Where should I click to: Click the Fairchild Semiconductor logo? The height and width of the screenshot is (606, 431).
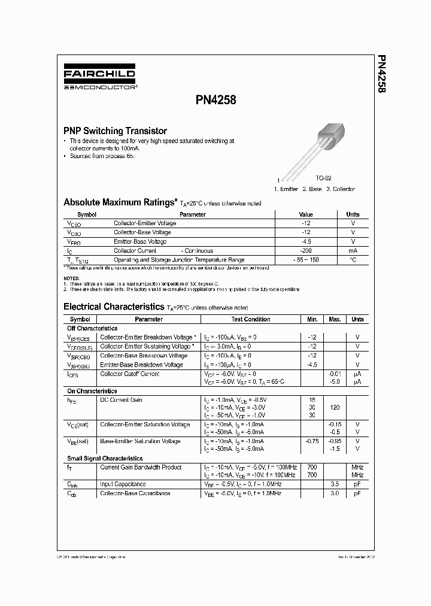[100, 78]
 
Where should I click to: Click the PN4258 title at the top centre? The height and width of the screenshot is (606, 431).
[215, 101]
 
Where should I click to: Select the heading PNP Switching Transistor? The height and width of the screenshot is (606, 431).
[115, 131]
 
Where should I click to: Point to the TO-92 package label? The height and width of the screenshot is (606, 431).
[323, 178]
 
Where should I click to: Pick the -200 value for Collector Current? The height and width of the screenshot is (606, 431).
[306, 251]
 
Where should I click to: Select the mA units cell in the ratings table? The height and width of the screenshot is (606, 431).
[353, 251]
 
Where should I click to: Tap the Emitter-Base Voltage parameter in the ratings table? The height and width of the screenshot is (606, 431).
[140, 241]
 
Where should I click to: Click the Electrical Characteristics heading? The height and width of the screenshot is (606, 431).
[113, 307]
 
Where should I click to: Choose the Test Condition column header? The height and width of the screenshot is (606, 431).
[250, 319]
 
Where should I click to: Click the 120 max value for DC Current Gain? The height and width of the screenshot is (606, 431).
[335, 407]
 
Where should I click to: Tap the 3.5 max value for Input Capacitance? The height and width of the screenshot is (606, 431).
[335, 484]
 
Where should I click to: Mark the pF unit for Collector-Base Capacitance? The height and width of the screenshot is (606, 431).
[357, 493]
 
